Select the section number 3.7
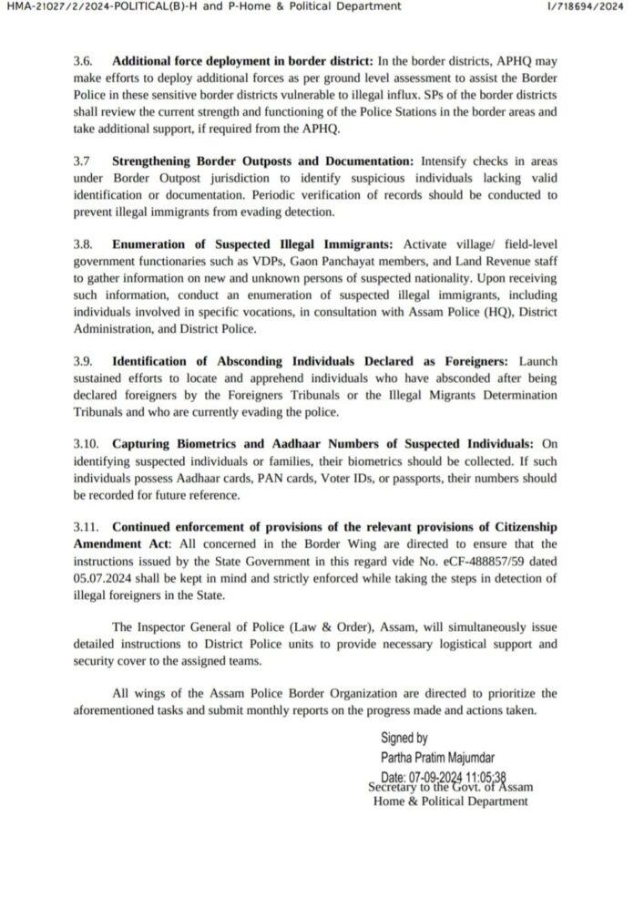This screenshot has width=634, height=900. (x=82, y=160)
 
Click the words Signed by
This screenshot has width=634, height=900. (x=404, y=739)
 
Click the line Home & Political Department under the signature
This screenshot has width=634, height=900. (x=450, y=802)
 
